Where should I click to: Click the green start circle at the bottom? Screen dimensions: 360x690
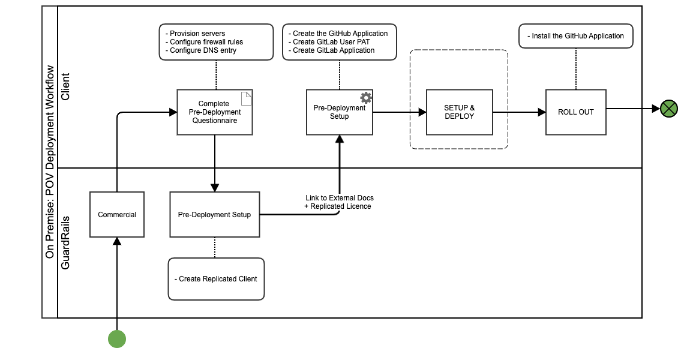tap(117, 339)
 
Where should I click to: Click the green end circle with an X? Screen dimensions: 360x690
tap(669, 109)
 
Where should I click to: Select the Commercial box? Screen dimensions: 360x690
tap(117, 215)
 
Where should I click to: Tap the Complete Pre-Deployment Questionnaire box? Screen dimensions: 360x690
tap(214, 112)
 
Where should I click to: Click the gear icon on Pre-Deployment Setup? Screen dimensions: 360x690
tap(365, 97)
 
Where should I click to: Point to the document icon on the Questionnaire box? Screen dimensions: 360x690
tap(245, 97)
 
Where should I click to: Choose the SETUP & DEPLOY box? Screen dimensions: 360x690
tap(459, 112)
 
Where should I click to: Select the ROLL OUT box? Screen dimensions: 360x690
tap(575, 112)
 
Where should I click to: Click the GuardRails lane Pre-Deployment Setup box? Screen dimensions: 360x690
tap(214, 215)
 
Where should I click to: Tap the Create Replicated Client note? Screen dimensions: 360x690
tap(216, 279)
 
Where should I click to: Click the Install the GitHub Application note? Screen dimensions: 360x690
tap(576, 36)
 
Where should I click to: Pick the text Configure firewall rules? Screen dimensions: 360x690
tap(206, 42)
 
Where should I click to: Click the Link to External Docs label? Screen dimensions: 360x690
tap(340, 198)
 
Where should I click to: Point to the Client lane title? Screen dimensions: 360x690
tap(65, 88)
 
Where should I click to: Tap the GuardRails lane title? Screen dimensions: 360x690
tap(65, 243)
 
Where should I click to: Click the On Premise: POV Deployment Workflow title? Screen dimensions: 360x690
tap(50, 162)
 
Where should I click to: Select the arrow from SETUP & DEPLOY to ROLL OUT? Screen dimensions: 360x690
tap(519, 112)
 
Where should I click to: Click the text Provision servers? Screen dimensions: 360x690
tap(197, 34)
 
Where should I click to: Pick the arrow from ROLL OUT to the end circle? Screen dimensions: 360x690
tap(632, 109)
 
